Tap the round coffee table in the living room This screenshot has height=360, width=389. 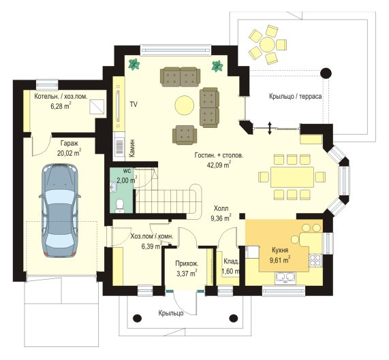185,105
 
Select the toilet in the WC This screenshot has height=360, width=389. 120,206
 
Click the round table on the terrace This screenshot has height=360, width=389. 268,44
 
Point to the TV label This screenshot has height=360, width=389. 134,105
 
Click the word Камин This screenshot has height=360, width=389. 132,148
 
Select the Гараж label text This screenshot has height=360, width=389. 69,144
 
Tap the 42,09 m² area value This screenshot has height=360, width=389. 219,165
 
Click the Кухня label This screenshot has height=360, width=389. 280,250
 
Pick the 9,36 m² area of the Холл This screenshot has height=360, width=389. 221,218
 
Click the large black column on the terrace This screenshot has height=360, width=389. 326,73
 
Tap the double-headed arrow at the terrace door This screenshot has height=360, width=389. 270,128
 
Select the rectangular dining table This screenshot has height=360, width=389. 292,177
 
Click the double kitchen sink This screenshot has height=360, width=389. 285,277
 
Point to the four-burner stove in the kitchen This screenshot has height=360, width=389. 315,260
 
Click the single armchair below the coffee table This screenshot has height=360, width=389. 185,135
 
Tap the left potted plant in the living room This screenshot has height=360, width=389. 134,65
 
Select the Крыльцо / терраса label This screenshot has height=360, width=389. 296,97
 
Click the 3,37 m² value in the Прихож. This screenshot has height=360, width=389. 187,274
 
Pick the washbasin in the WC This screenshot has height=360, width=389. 113,187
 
